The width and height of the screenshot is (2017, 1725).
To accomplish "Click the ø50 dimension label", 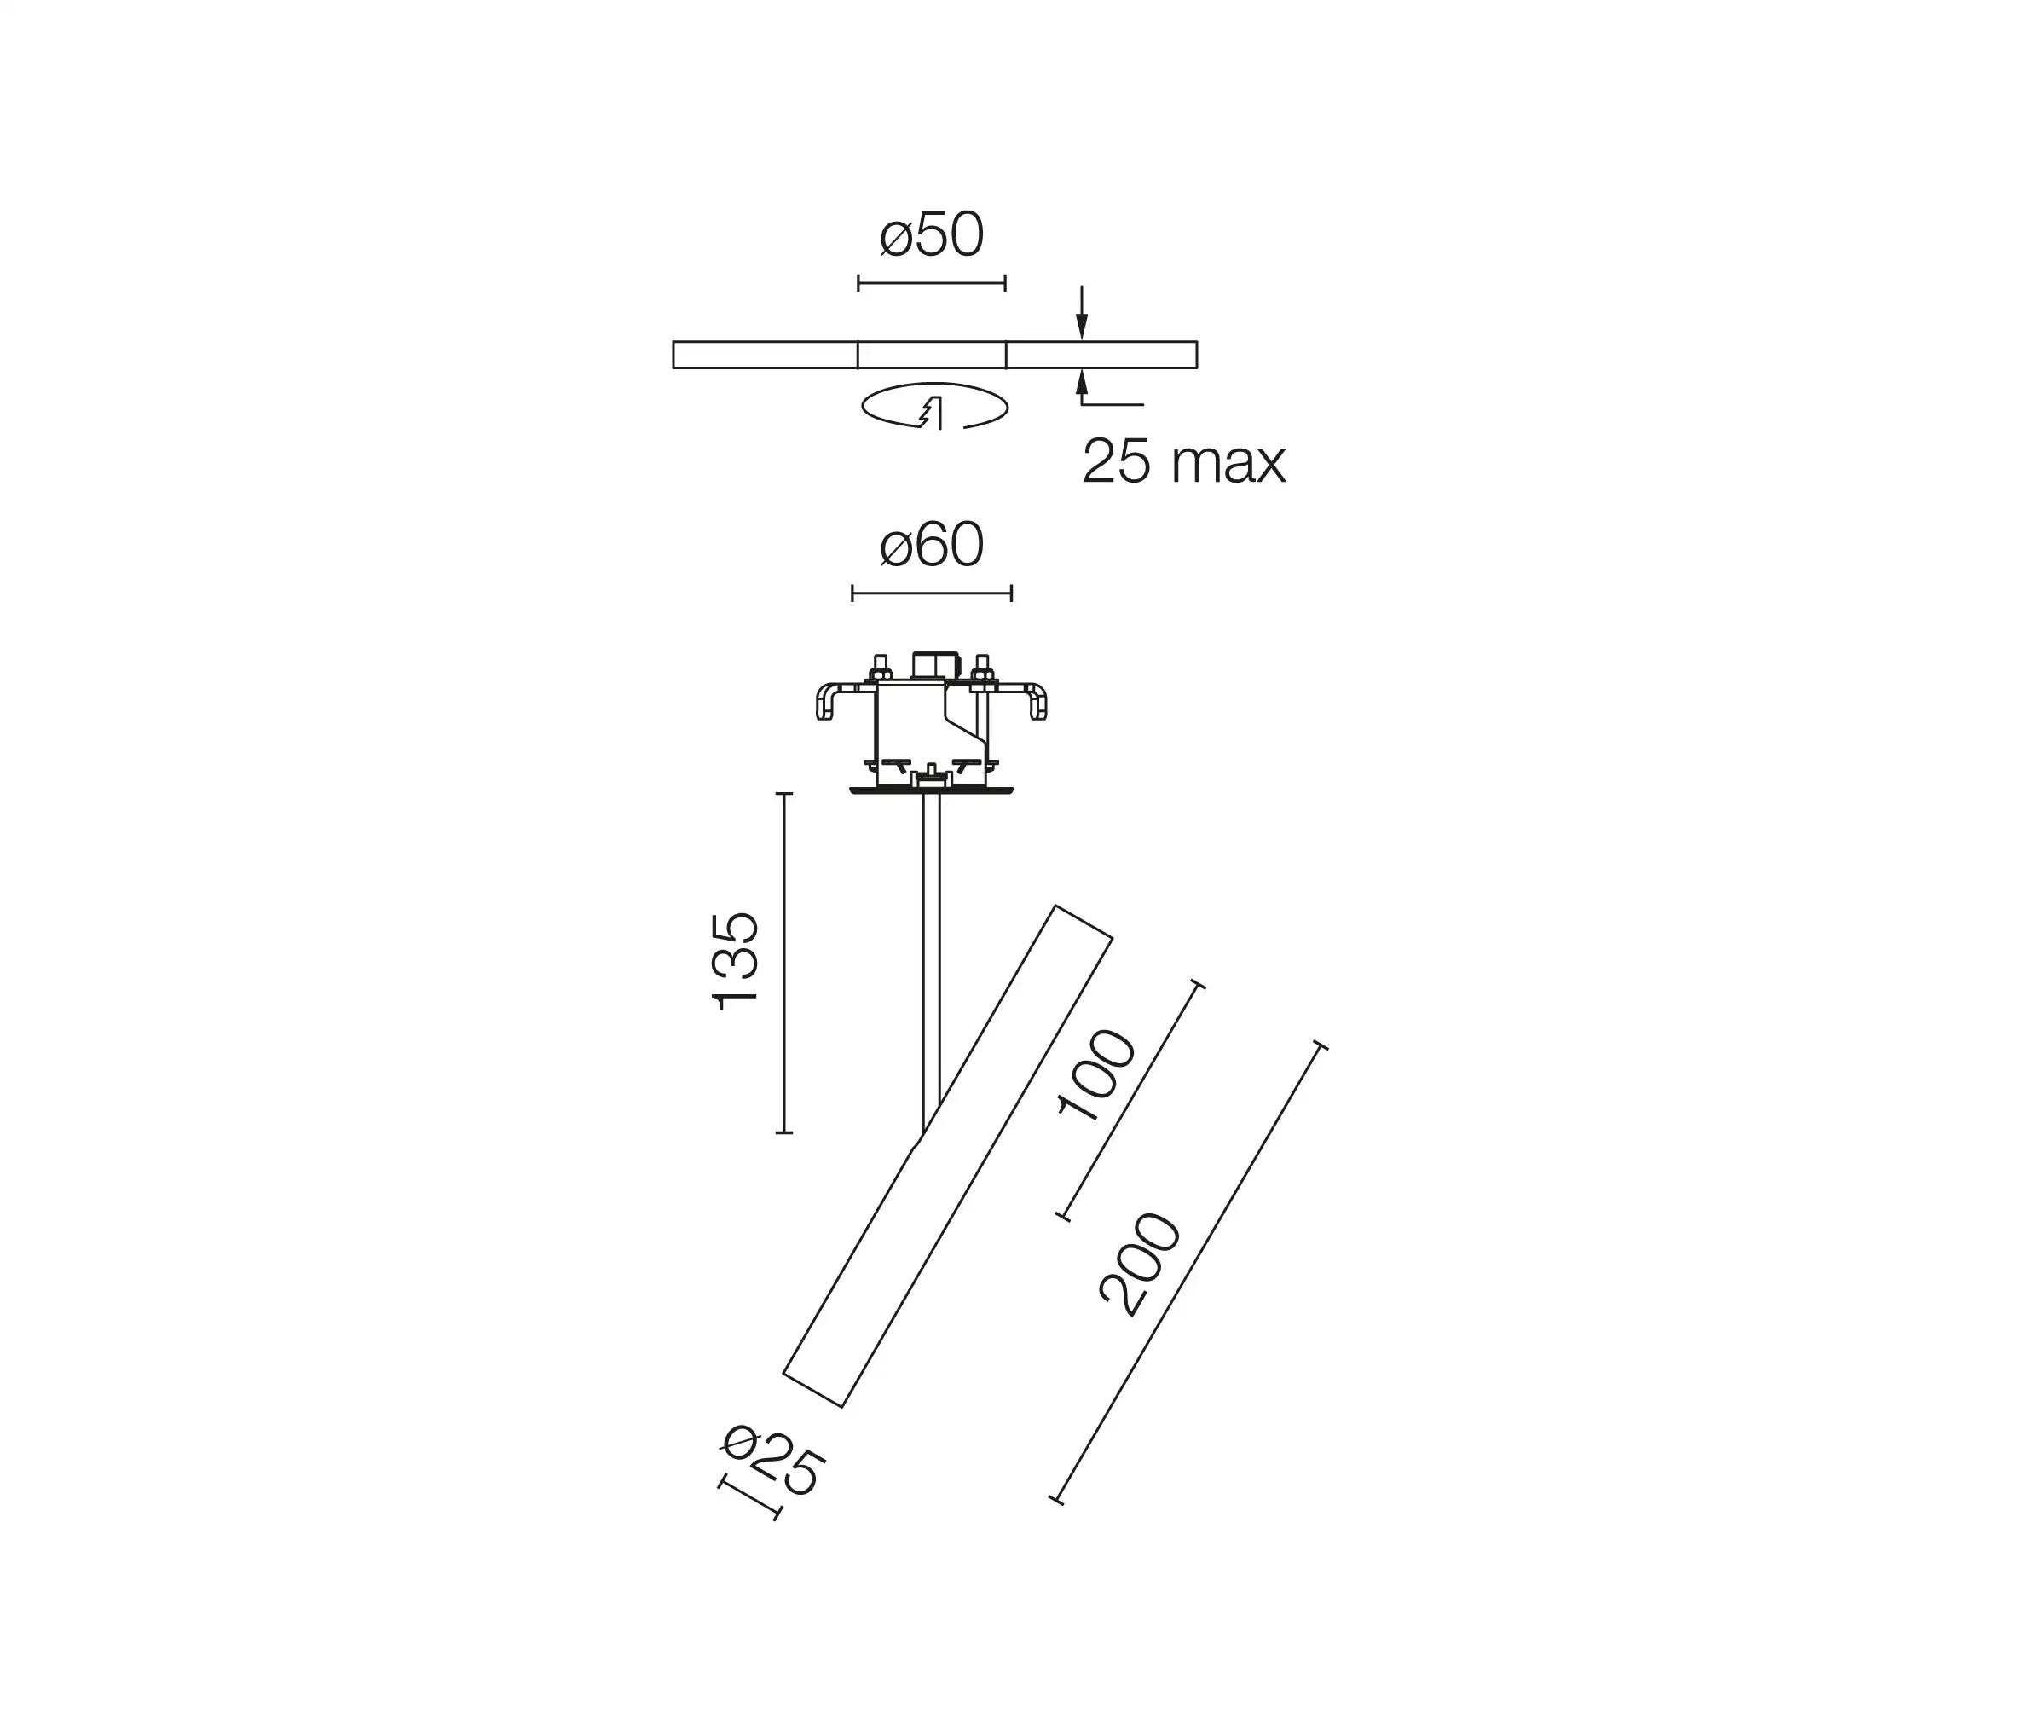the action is (x=932, y=235).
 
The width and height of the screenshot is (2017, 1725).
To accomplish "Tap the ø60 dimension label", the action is (x=932, y=545).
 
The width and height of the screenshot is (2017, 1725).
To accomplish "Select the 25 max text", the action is (x=1184, y=461).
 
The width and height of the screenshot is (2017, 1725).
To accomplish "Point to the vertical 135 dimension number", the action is (x=735, y=962).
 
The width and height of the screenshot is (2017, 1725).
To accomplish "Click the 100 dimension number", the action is (x=1097, y=1074).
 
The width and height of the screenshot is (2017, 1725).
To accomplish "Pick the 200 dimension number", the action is (x=1141, y=1265).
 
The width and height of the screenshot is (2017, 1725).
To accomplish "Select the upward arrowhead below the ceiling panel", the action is (x=1082, y=382).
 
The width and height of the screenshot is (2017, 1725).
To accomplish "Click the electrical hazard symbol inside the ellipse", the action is (x=933, y=414).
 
